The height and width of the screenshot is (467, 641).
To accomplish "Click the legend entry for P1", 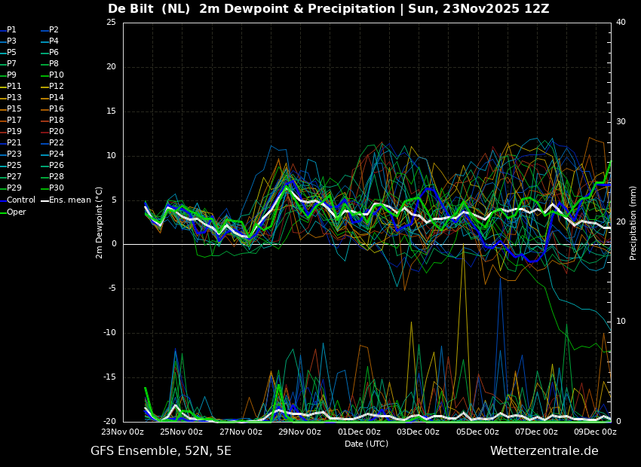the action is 8,30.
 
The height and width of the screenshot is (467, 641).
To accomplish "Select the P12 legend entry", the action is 53,86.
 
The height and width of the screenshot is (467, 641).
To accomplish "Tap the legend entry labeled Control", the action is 17,200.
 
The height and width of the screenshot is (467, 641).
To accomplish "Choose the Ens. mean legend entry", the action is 66,200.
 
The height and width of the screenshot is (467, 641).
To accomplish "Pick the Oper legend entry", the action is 13,212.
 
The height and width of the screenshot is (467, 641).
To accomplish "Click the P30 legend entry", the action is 53,188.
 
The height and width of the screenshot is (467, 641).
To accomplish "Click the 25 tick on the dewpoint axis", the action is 111,22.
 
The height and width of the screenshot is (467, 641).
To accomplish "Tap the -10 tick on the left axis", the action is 109,333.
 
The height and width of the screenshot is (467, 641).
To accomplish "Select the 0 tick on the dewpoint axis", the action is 114,244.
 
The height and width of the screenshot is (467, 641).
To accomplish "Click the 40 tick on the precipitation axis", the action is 621,22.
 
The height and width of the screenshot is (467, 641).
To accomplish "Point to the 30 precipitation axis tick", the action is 621,122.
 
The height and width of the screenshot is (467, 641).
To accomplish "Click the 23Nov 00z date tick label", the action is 123,432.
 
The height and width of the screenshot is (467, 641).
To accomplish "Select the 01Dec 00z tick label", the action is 359,432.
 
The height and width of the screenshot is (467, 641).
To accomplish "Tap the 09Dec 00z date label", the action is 595,432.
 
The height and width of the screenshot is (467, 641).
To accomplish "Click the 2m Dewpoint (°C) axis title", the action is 99,223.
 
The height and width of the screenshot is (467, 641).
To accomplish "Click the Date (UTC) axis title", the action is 367,444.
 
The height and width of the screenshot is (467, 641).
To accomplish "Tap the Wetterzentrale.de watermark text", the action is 544,451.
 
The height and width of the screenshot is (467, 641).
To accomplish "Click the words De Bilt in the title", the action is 130,8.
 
